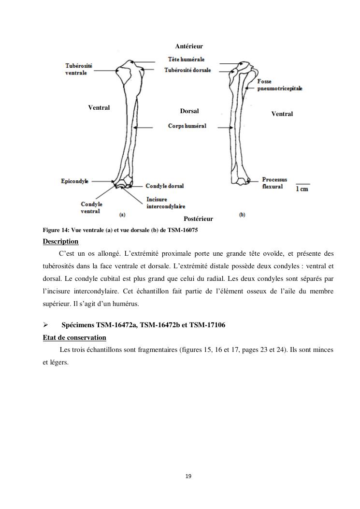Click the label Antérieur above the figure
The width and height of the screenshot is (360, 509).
[x=188, y=46]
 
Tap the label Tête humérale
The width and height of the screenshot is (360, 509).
[x=186, y=59]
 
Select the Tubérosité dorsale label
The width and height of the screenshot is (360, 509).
[x=187, y=70]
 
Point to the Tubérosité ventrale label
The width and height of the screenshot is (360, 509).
[x=79, y=69]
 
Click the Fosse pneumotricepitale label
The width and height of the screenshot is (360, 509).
[x=280, y=85]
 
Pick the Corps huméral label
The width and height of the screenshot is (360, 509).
[x=187, y=126]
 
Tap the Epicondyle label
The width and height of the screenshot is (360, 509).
[x=74, y=181]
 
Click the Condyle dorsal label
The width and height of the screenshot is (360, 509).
[x=164, y=186]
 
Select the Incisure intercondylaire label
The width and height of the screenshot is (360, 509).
[x=166, y=203]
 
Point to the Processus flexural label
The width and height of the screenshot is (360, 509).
[x=274, y=183]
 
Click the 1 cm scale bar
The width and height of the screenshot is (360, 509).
[x=302, y=187]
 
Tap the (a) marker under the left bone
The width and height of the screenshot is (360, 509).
[x=122, y=214]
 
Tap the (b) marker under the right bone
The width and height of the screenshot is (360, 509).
[x=242, y=214]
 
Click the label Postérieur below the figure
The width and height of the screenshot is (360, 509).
[x=198, y=219]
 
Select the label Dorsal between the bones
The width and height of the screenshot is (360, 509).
[x=189, y=111]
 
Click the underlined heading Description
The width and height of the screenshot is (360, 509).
[x=60, y=241]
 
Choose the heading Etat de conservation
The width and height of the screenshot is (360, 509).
[x=74, y=337]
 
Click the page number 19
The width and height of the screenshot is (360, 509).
[x=188, y=477]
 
